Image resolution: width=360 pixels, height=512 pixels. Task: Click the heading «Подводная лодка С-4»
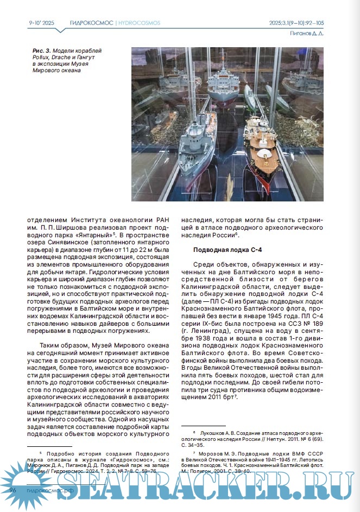pos(220,249)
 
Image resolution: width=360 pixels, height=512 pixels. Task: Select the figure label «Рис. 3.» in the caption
pos(42,50)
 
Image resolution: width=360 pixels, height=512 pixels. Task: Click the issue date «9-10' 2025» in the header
pos(41,23)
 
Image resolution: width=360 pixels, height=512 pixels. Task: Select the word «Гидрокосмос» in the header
pos(91,23)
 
